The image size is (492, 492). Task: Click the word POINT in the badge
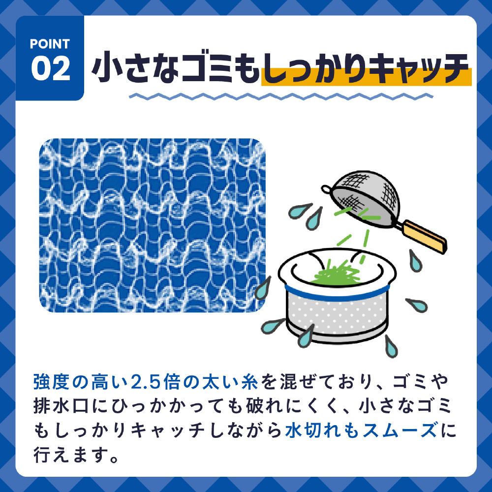coord(50,44)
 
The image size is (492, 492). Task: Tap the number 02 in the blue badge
coord(51,68)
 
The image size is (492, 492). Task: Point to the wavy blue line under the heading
coord(281,96)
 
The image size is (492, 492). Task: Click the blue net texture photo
coord(152,225)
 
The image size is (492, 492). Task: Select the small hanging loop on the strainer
coord(326,189)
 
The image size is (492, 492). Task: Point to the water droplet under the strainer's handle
coord(415,261)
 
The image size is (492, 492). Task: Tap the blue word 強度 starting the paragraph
coord(52,382)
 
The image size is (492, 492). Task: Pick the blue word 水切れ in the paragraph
coord(313,430)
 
